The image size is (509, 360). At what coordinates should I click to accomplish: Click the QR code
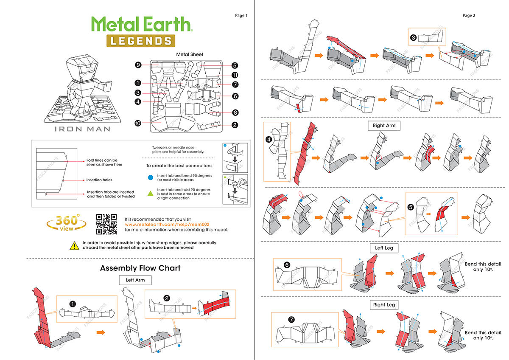click(x=106, y=224)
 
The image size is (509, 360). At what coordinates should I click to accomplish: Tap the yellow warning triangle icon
click(x=73, y=245)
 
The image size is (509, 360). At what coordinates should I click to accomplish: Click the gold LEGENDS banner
click(x=140, y=41)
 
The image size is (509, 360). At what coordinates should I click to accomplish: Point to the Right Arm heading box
click(x=384, y=126)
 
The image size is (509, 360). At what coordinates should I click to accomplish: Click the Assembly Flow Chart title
click(x=140, y=268)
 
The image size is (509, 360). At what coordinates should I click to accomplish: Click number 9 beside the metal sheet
click(x=138, y=65)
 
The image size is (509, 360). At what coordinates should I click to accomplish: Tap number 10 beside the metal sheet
click(x=138, y=123)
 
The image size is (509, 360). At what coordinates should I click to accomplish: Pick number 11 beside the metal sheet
click(x=235, y=75)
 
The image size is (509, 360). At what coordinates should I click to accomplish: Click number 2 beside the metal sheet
click(x=235, y=125)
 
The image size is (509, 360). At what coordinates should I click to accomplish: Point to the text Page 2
click(x=469, y=16)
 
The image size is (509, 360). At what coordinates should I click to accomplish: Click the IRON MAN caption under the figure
click(x=82, y=129)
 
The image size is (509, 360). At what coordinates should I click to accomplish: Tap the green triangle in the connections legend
click(x=150, y=194)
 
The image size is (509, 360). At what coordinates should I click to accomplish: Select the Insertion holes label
click(x=99, y=180)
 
